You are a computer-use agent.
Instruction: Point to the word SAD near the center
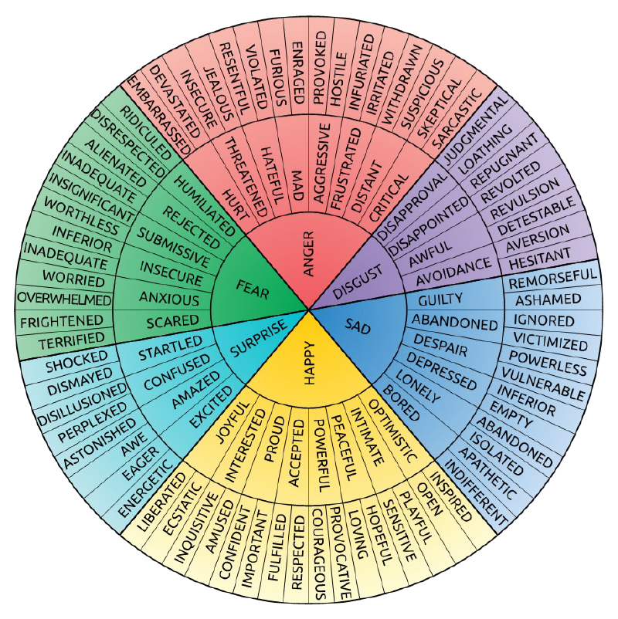pos(360,328)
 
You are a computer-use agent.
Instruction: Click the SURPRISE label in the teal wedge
pos(256,340)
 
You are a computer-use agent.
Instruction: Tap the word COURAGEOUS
pos(319,553)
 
